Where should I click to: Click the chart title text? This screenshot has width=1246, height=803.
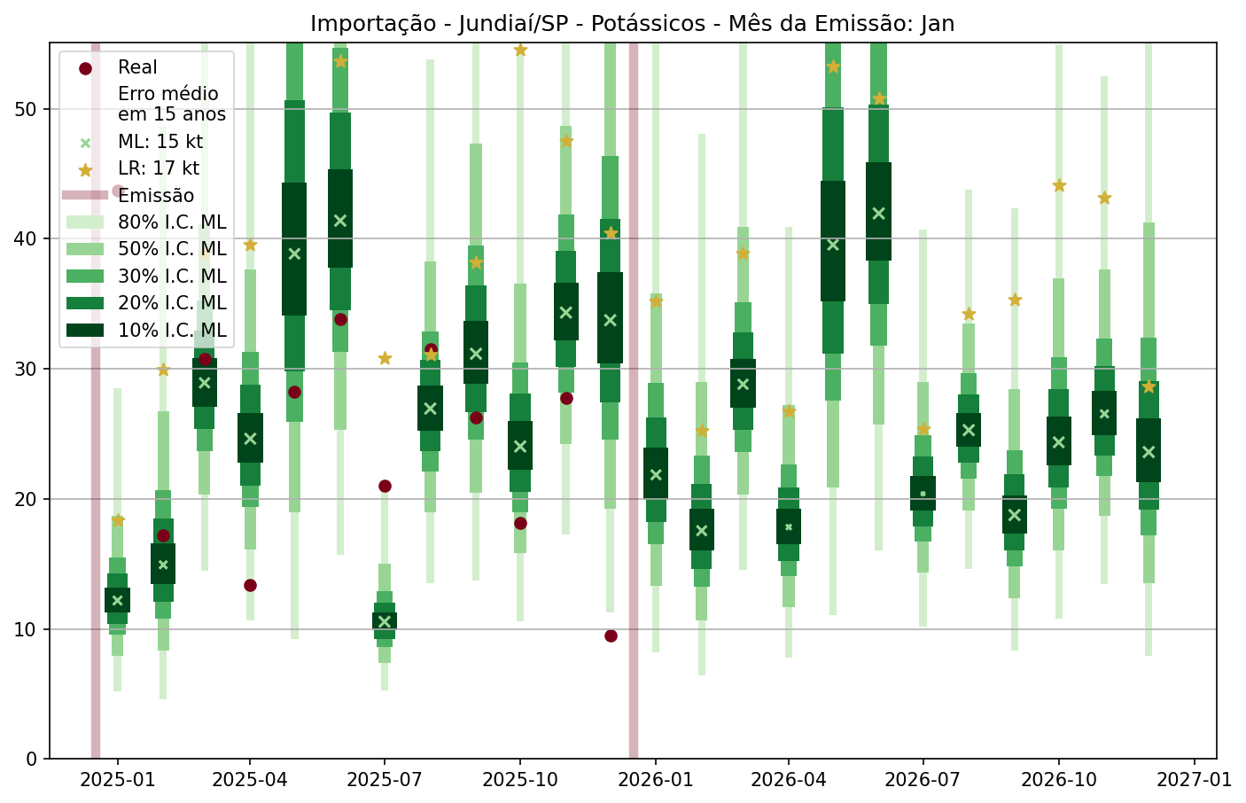point(632,24)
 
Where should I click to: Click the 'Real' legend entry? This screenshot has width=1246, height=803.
point(137,67)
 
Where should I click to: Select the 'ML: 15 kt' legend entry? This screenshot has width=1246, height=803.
point(160,142)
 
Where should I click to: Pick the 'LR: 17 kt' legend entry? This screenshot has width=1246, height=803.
point(159,168)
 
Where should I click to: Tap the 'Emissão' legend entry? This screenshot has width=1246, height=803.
point(156,196)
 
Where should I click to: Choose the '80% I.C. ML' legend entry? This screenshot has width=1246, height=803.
point(172,222)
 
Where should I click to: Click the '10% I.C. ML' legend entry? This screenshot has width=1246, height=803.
point(172,331)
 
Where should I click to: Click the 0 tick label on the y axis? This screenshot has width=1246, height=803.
point(34,759)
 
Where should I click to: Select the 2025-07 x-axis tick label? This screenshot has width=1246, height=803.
point(385,780)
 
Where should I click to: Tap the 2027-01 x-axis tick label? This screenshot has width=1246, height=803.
point(1195,780)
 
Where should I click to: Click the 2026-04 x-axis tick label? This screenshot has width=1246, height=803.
point(788,780)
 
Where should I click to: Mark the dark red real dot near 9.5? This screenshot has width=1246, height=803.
point(611,635)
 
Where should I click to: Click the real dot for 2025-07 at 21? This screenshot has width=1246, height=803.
point(385,486)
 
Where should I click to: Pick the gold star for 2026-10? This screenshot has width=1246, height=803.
point(1059,185)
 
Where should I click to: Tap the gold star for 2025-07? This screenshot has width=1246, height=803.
point(385,358)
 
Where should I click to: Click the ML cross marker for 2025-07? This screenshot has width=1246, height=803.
point(385,621)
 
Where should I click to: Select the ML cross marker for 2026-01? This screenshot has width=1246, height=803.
point(656,474)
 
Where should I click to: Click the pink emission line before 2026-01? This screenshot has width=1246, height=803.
point(634,399)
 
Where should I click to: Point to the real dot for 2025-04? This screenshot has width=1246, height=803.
point(250,585)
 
